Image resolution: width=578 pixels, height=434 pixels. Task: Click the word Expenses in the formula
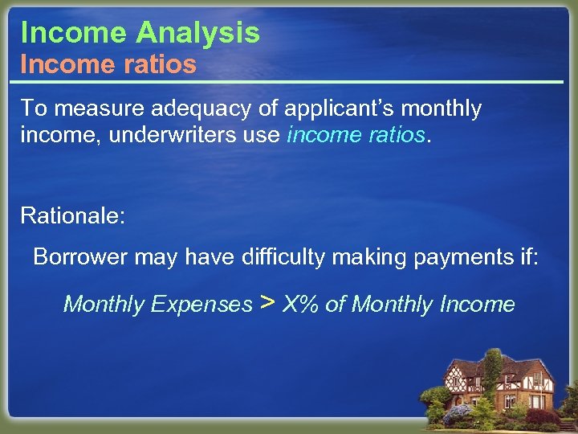201,305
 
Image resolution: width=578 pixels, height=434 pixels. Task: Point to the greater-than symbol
268,303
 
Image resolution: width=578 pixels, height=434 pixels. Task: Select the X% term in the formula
301,305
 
